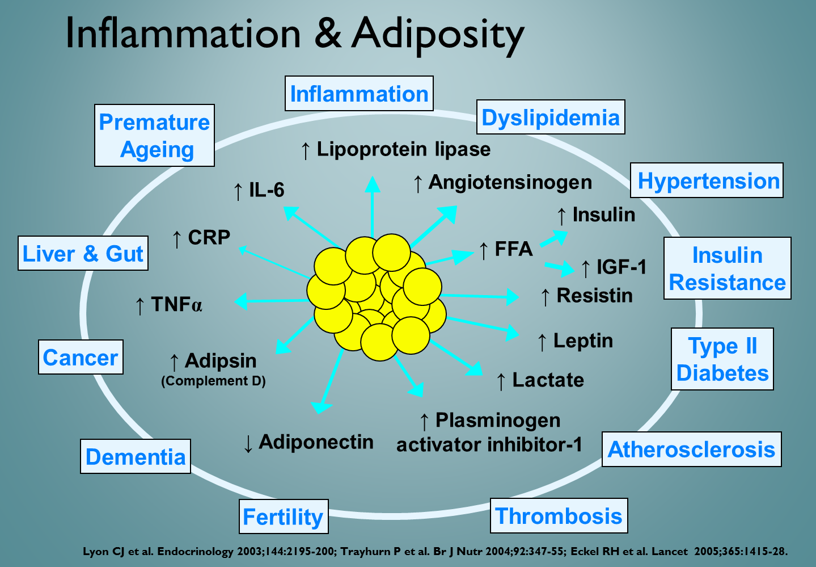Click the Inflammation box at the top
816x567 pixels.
pos(359,94)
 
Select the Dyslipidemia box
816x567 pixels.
pos(551,117)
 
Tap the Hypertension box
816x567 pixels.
pos(707,180)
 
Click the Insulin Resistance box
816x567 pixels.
pos(728,268)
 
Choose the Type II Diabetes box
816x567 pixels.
pos(722,359)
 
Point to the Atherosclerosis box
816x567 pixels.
pos(691,450)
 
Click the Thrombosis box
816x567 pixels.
pos(559,516)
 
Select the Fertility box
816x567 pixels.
pos(284,517)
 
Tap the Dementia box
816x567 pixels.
pos(136,456)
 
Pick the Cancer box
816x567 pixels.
pos(81,358)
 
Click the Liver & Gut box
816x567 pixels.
pos(83,253)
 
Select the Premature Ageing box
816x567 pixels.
pos(154,136)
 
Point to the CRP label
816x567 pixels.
pos(209,237)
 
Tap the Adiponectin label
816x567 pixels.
pos(316,442)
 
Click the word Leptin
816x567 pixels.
pos(583,341)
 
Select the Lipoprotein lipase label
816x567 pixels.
pos(403,149)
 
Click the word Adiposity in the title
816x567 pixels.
pos(437,34)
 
